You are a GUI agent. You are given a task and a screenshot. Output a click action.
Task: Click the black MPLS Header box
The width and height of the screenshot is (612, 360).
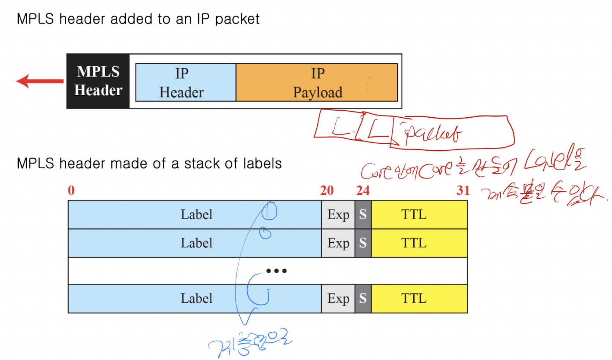click(x=98, y=81)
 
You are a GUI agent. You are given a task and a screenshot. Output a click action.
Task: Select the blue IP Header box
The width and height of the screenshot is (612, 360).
click(x=185, y=82)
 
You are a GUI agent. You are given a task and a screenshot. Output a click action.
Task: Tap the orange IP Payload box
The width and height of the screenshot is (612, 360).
click(x=317, y=82)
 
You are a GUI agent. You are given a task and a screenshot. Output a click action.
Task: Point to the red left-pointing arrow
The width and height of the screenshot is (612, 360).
click(x=40, y=81)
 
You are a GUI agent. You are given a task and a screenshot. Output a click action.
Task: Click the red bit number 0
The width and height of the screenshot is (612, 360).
click(x=71, y=190)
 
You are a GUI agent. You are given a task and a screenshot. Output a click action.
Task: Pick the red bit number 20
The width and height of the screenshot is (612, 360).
click(x=327, y=190)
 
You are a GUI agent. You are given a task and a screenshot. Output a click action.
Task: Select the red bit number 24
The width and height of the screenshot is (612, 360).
click(x=363, y=190)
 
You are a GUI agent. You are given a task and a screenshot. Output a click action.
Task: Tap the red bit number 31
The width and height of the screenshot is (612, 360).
click(x=463, y=190)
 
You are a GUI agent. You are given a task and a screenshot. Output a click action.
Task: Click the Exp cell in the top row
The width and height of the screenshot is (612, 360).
click(x=338, y=215)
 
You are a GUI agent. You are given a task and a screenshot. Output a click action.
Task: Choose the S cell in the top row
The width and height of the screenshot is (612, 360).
click(x=363, y=215)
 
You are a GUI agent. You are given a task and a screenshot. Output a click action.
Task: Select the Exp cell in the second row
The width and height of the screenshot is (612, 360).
click(x=338, y=243)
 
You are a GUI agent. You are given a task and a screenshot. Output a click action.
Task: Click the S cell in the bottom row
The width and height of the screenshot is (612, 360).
click(x=363, y=298)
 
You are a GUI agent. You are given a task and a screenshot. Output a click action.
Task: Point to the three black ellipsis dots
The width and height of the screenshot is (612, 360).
click(x=276, y=271)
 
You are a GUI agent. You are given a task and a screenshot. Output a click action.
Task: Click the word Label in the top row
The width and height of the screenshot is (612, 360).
click(x=196, y=214)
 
